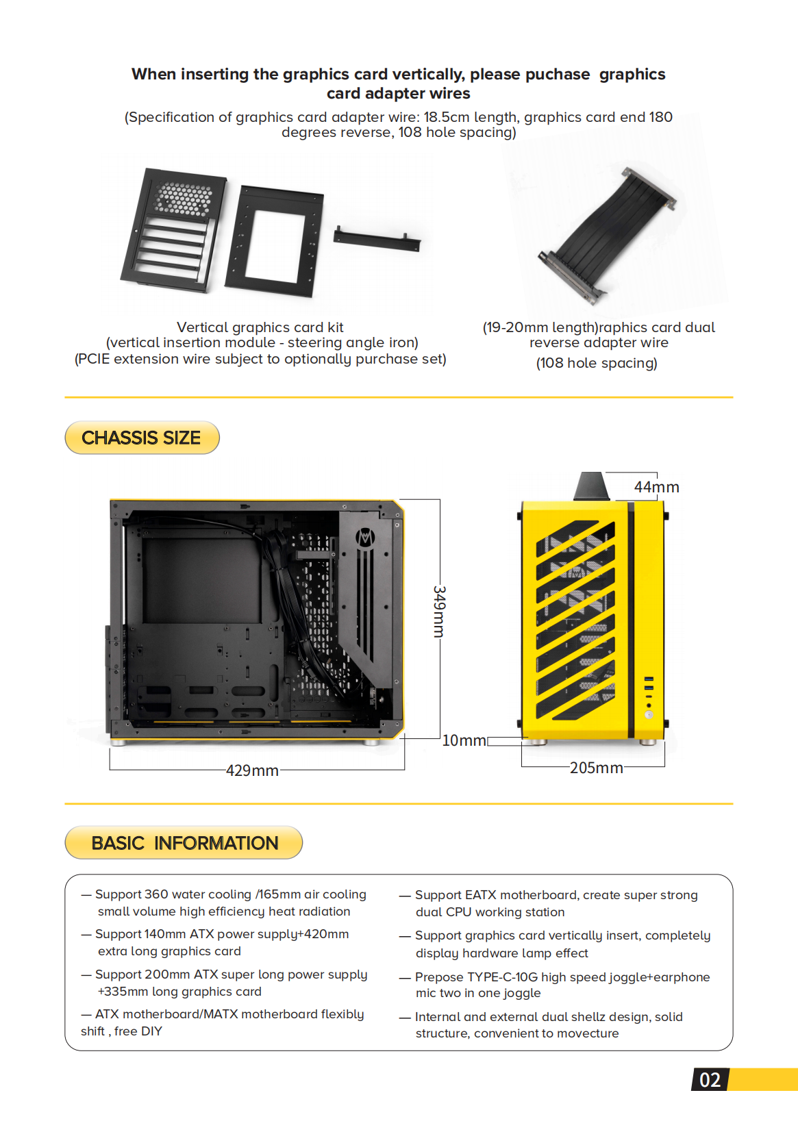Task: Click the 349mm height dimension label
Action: click(439, 611)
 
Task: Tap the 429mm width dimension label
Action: click(252, 770)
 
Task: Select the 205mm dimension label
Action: click(596, 768)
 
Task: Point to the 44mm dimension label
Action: click(656, 487)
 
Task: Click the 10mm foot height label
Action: click(464, 740)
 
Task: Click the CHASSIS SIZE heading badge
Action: click(142, 438)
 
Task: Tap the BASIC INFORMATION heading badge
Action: click(184, 842)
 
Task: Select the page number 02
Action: click(710, 1080)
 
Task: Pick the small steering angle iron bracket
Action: click(377, 240)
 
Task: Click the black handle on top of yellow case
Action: click(591, 486)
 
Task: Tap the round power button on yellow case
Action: click(649, 714)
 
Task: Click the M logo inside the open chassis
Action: click(365, 538)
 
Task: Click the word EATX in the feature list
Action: click(481, 895)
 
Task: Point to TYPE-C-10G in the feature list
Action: click(502, 977)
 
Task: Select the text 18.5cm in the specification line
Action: click(446, 117)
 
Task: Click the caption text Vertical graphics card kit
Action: click(260, 327)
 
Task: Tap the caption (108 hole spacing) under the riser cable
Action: click(596, 363)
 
